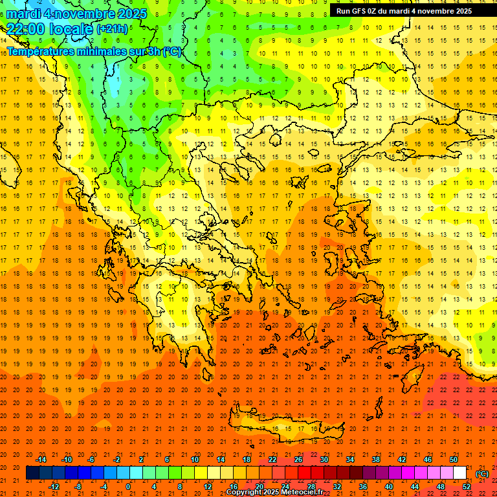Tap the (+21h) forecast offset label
(112, 29)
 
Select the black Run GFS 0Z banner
(404, 11)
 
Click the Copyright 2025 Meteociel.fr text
(274, 492)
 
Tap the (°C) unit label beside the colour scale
(482, 474)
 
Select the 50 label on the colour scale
(454, 459)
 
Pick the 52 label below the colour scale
(467, 487)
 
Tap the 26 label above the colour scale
(298, 459)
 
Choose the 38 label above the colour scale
(376, 459)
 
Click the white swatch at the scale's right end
(460, 473)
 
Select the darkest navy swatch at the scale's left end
(33, 473)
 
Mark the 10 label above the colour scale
(195, 459)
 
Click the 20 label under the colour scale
(260, 487)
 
